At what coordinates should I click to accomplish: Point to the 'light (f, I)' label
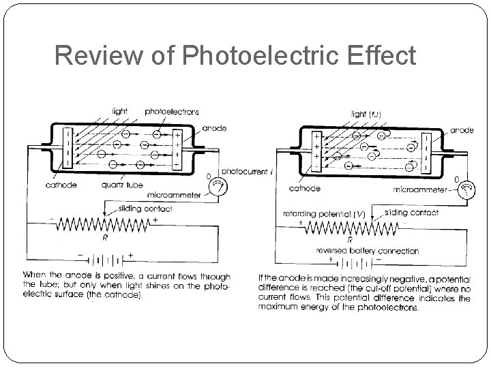(x=366, y=114)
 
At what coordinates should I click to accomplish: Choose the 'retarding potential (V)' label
(x=325, y=213)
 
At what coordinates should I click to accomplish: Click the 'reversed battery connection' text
(x=368, y=251)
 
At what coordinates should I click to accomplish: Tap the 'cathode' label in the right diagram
(x=305, y=188)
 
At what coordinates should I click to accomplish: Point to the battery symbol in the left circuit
(x=102, y=260)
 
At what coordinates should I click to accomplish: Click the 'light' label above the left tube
(x=120, y=111)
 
